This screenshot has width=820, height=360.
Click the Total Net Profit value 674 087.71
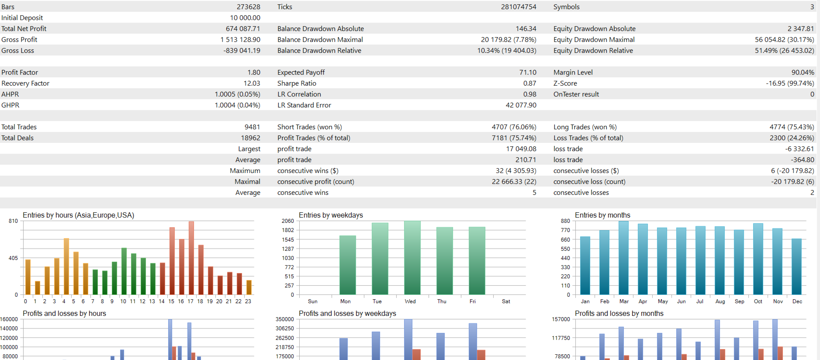tap(243, 29)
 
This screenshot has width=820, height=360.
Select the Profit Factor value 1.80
tap(253, 73)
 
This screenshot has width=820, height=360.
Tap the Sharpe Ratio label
tap(297, 83)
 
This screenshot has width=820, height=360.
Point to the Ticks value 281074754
tap(518, 7)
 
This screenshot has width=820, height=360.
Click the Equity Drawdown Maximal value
tap(784, 40)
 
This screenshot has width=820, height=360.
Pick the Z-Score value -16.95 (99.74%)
tap(790, 83)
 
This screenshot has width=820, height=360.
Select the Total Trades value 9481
tap(252, 127)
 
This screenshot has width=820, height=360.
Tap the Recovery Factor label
tap(25, 83)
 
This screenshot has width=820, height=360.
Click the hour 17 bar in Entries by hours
tap(191, 258)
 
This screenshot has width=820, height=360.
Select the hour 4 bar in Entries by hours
tap(66, 267)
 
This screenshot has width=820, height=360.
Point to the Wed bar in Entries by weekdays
tap(412, 258)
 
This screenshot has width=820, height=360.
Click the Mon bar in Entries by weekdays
tap(348, 265)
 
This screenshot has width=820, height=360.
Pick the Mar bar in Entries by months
tap(623, 258)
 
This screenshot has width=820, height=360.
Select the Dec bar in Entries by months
tap(796, 267)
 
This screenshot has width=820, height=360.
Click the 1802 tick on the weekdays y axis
tap(287, 230)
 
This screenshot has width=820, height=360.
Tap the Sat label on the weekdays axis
tap(506, 301)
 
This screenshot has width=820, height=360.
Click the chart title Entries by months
tap(602, 215)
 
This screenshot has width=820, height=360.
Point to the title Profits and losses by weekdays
tap(347, 314)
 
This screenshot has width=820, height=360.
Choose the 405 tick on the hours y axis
tap(13, 258)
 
